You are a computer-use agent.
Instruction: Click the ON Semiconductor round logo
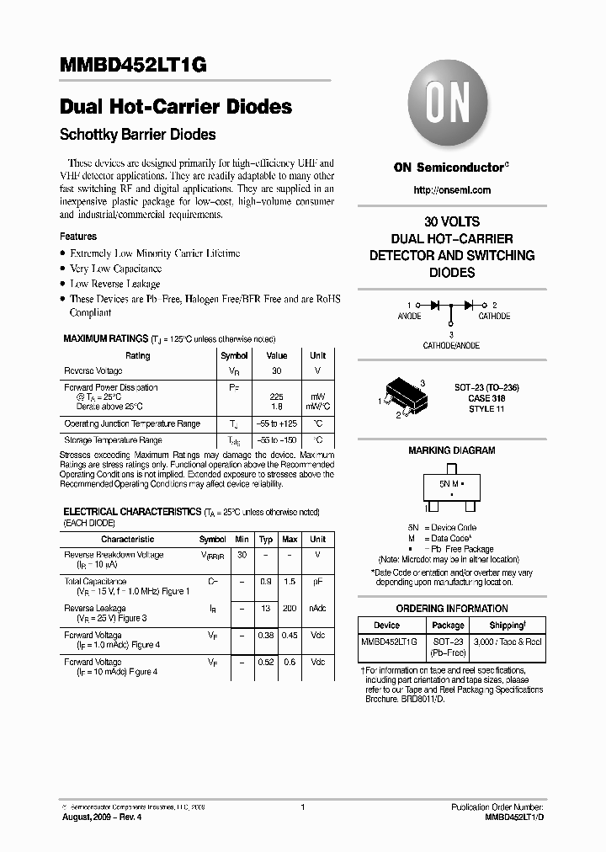pyautogui.click(x=451, y=105)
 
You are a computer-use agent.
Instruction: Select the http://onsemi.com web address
pyautogui.click(x=451, y=190)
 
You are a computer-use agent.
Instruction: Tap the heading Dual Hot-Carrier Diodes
pyautogui.click(x=176, y=108)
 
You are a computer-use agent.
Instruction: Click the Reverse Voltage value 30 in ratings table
pyautogui.click(x=276, y=371)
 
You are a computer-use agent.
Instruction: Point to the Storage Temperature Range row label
pyautogui.click(x=113, y=440)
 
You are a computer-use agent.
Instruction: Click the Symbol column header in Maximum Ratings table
pyautogui.click(x=234, y=355)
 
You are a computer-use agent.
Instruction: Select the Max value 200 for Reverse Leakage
pyautogui.click(x=290, y=608)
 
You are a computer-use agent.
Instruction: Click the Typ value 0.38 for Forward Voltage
pyautogui.click(x=266, y=635)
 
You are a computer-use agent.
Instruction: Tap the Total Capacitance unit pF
pyautogui.click(x=317, y=582)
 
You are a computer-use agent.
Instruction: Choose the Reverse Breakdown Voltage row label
pyautogui.click(x=114, y=555)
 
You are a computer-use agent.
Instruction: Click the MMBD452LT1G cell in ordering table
pyautogui.click(x=386, y=642)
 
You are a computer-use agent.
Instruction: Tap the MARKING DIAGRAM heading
pyautogui.click(x=451, y=450)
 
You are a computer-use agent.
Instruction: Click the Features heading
pyautogui.click(x=78, y=237)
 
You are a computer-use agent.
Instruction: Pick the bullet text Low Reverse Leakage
pyautogui.click(x=114, y=284)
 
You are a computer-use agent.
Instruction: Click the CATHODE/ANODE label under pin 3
pyautogui.click(x=451, y=345)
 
